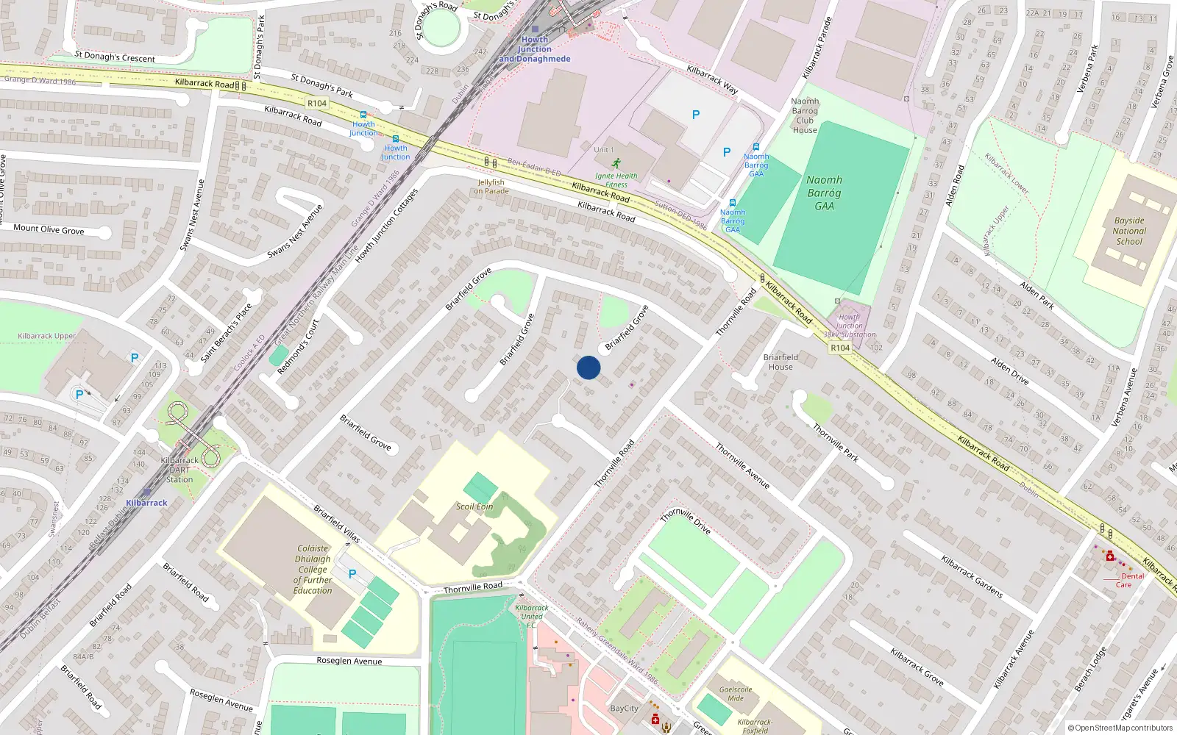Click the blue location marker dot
(x=588, y=367)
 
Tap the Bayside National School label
(x=1129, y=231)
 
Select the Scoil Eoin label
(x=474, y=506)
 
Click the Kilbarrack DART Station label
(x=179, y=470)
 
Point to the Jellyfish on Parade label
(x=491, y=187)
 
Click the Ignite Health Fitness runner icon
(x=616, y=163)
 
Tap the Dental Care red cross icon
(x=1110, y=556)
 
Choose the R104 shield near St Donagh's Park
(x=317, y=104)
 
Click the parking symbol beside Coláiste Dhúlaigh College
(x=352, y=574)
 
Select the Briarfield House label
(x=780, y=362)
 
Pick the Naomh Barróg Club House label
(x=805, y=115)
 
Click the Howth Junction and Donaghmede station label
(x=535, y=49)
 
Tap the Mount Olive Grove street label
(x=49, y=229)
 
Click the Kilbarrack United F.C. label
(x=532, y=616)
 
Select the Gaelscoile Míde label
(x=736, y=694)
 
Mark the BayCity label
(x=625, y=709)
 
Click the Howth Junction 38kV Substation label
(x=850, y=326)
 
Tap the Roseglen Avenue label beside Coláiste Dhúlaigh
(x=349, y=661)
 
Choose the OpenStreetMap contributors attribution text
(x=1120, y=728)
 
